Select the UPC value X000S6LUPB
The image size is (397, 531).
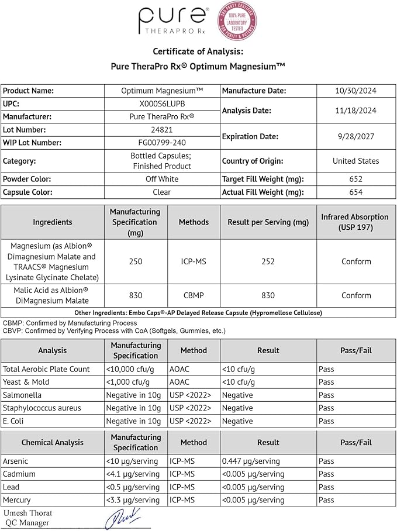[162, 104]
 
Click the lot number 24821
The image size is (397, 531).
[162, 130]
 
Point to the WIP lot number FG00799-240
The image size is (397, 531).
[162, 143]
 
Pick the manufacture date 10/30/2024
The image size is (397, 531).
[355, 91]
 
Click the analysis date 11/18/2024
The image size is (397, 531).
[355, 111]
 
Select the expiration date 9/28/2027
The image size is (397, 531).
[355, 136]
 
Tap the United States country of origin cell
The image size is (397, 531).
[355, 161]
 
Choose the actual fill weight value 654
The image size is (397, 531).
[355, 192]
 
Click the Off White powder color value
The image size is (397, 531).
[162, 179]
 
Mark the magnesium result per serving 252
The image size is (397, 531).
[268, 261]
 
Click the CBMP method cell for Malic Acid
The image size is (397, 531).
[194, 295]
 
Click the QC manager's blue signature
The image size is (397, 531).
[123, 518]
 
